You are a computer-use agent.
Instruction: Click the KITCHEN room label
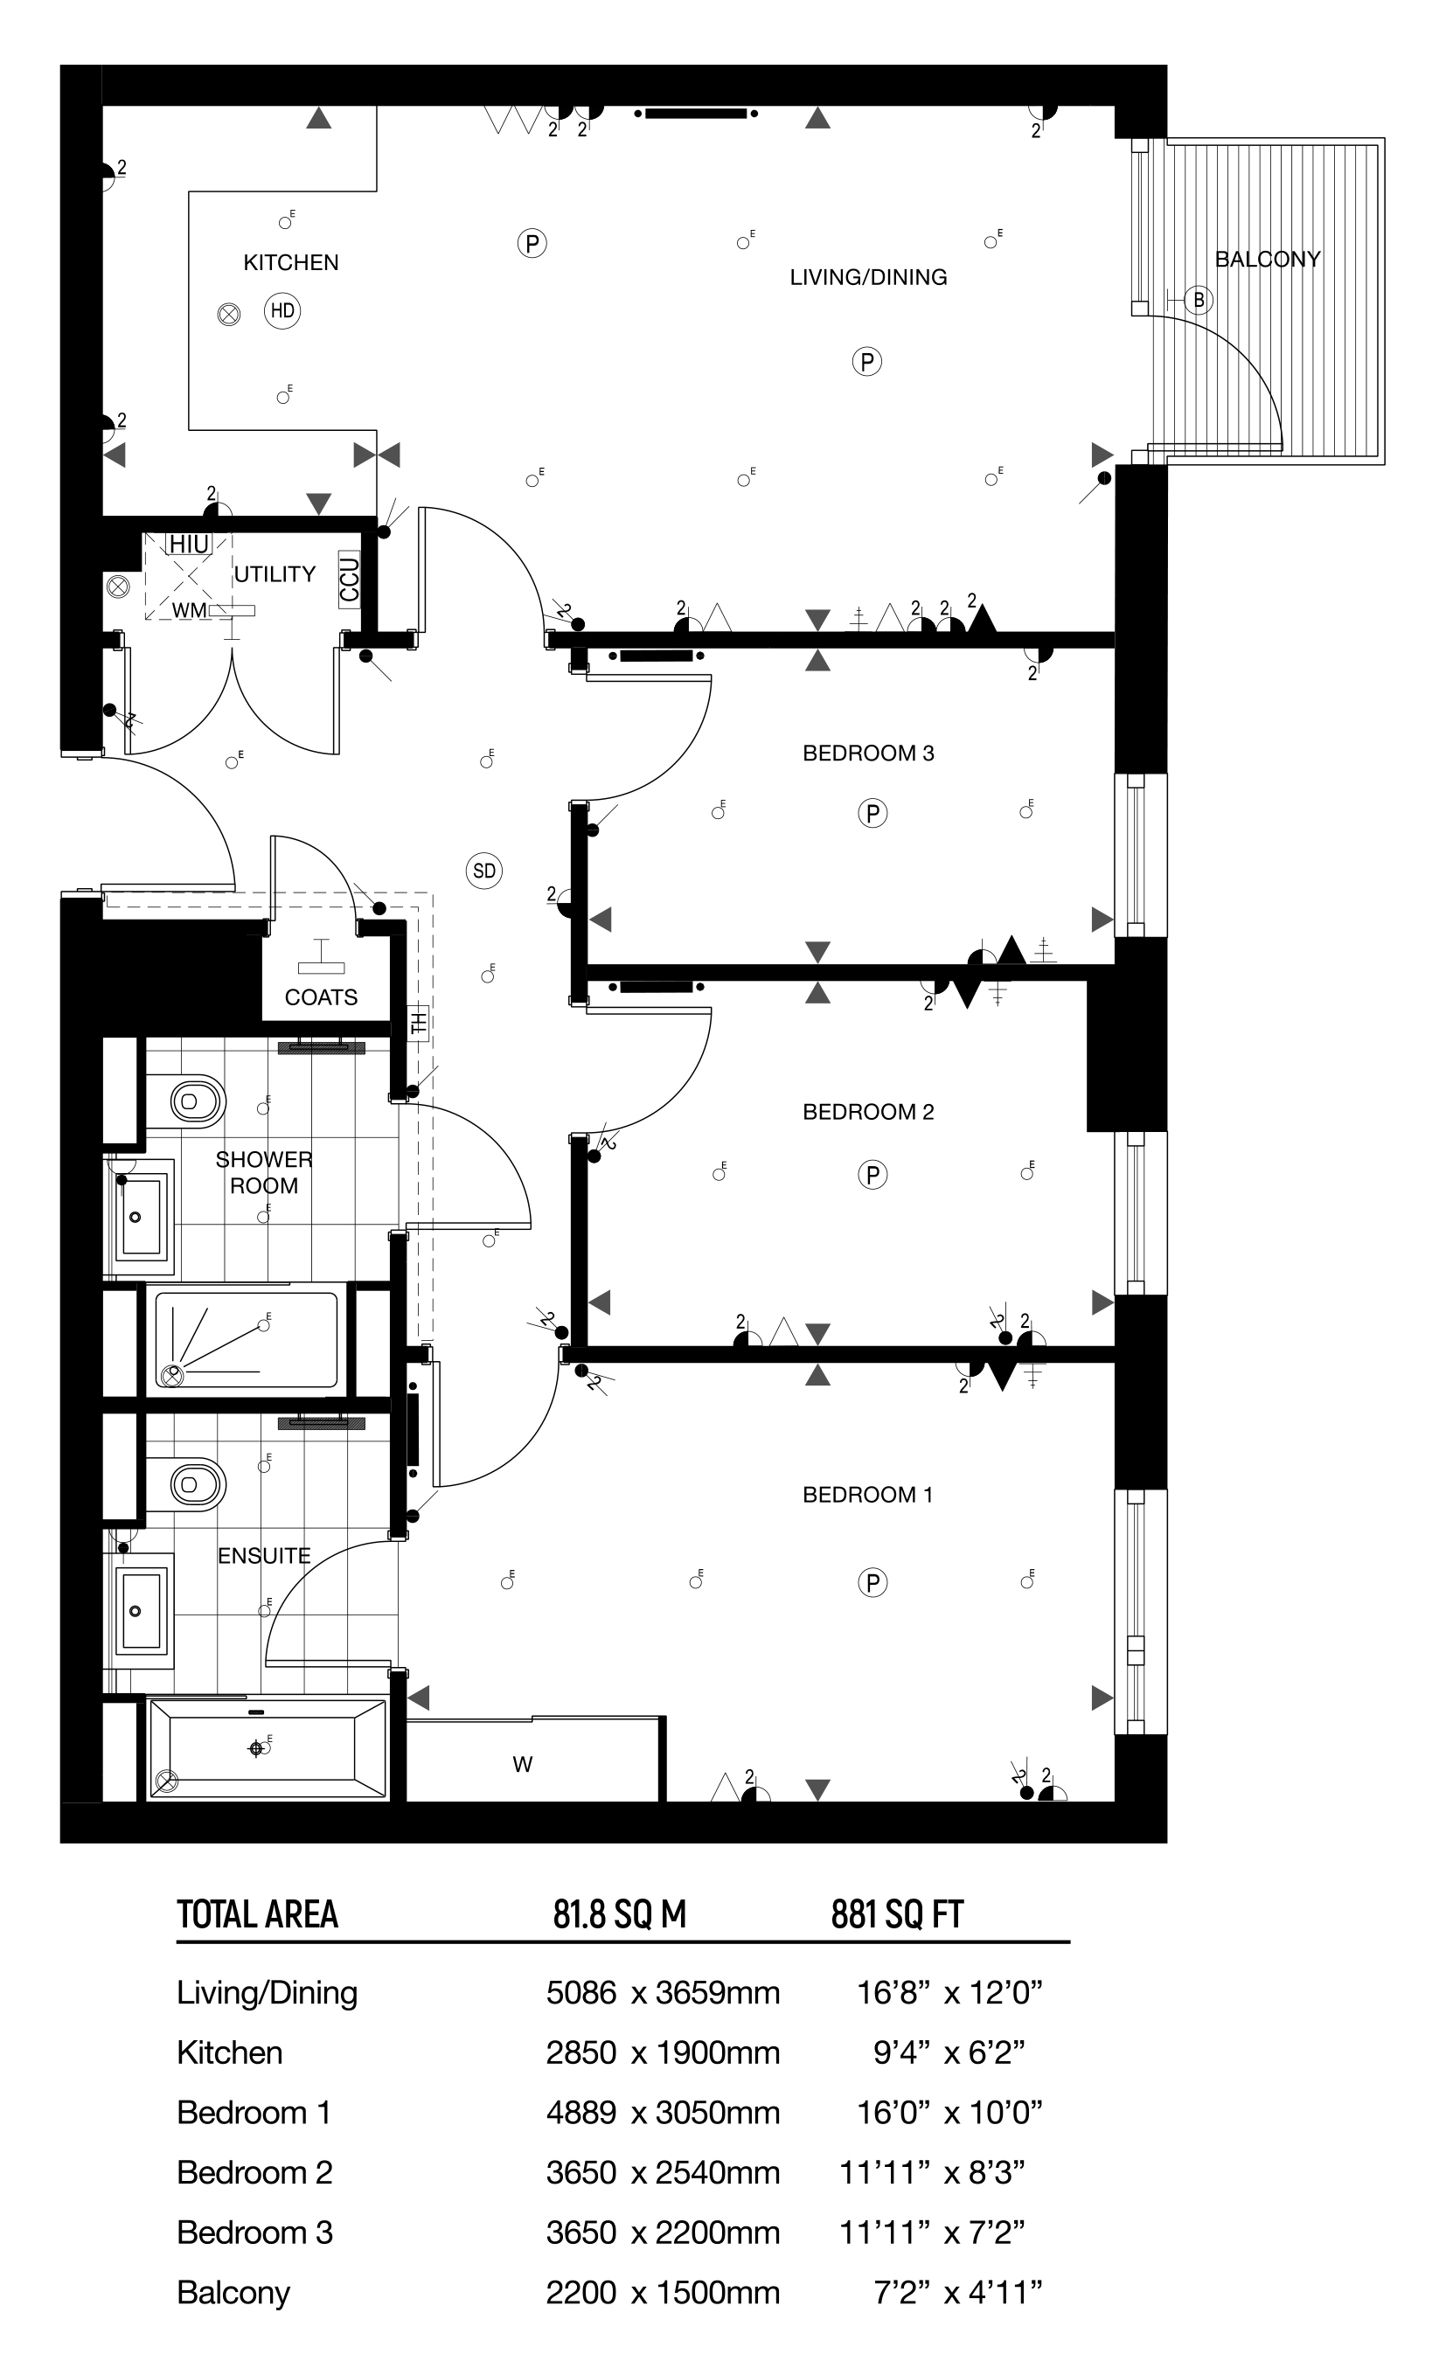[290, 262]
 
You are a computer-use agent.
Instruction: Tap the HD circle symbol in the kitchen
[282, 310]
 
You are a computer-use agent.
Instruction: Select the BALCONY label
[1267, 259]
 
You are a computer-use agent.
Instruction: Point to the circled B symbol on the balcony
[1199, 300]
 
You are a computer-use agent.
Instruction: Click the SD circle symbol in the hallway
[484, 872]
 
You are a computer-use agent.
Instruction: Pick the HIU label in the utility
[188, 545]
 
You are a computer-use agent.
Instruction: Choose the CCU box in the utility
[349, 579]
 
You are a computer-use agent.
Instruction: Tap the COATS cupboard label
[321, 997]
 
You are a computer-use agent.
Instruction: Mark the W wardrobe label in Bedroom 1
[523, 1764]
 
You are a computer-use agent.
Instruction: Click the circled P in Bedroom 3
[872, 814]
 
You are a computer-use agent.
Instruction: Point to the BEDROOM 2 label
[867, 1111]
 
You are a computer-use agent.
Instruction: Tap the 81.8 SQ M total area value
[619, 1914]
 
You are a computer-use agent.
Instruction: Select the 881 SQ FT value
[896, 1914]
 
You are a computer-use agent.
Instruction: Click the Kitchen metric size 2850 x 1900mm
[663, 2053]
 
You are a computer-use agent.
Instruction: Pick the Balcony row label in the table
[233, 2292]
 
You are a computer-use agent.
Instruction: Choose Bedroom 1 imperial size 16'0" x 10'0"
[949, 2113]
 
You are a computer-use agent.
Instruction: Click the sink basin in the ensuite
[141, 1608]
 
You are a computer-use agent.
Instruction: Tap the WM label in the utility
[189, 610]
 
